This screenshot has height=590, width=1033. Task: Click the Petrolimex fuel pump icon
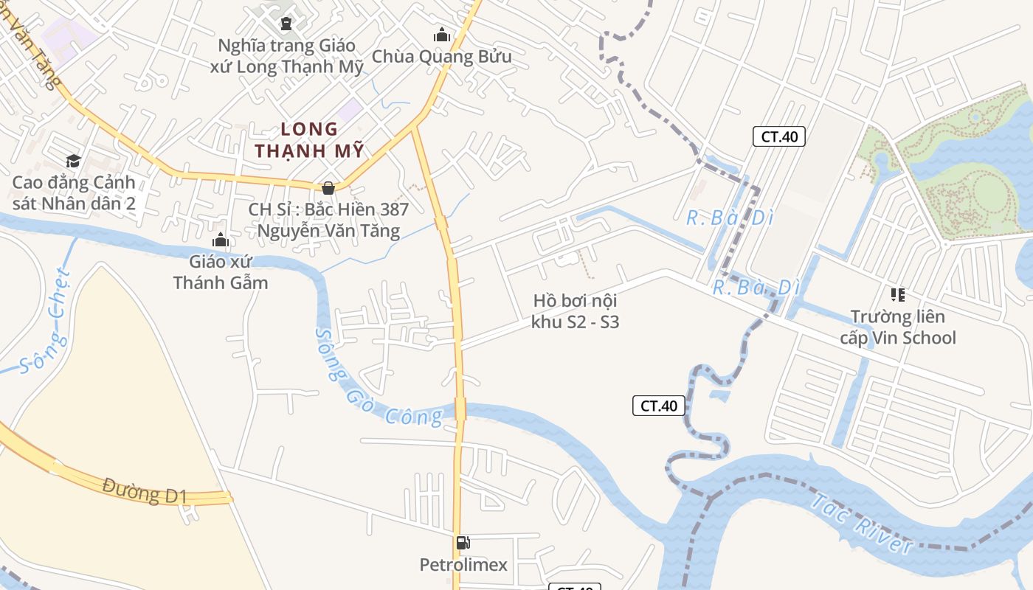[x=463, y=544]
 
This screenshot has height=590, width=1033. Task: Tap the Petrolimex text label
[x=463, y=565]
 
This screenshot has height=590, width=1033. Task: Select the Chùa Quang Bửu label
[x=441, y=57]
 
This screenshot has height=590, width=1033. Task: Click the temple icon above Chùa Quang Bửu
[x=442, y=35]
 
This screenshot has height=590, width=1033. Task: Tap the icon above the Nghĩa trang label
[x=286, y=24]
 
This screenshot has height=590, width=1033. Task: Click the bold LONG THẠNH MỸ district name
[x=310, y=140]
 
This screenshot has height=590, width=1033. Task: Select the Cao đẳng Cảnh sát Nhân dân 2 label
[x=74, y=192]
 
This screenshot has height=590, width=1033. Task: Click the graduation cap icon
[x=73, y=162]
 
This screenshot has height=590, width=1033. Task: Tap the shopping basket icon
[x=328, y=188]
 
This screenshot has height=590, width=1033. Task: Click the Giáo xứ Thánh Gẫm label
[x=220, y=271]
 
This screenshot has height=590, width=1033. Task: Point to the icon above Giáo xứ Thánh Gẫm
[x=220, y=240]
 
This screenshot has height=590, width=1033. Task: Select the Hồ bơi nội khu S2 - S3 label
[x=575, y=311]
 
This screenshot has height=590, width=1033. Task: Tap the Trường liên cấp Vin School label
[x=898, y=327]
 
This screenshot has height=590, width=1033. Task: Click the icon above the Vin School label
[x=898, y=295]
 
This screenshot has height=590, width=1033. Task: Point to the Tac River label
[x=862, y=524]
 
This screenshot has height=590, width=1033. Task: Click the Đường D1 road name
[x=145, y=490]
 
